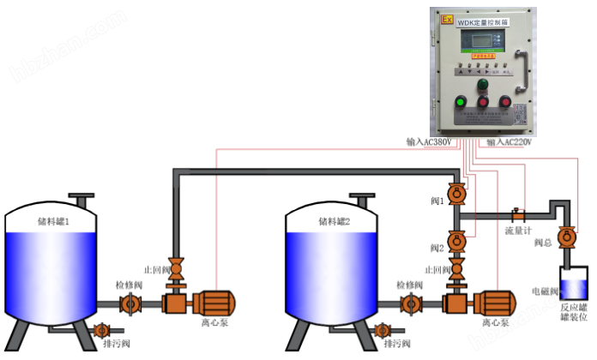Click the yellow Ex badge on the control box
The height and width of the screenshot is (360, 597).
(x=447, y=17)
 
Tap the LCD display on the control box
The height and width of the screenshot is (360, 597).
(x=480, y=40)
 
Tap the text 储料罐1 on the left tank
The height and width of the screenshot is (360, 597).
(x=53, y=221)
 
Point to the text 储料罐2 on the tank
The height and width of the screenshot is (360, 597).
(x=334, y=221)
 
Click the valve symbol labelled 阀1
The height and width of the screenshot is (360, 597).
(x=457, y=195)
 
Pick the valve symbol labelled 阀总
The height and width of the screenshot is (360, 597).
(x=565, y=237)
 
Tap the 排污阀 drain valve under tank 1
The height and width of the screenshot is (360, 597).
(x=101, y=330)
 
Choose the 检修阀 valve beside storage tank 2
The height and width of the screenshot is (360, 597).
(x=411, y=303)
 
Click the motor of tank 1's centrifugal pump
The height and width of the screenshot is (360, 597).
(x=211, y=303)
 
